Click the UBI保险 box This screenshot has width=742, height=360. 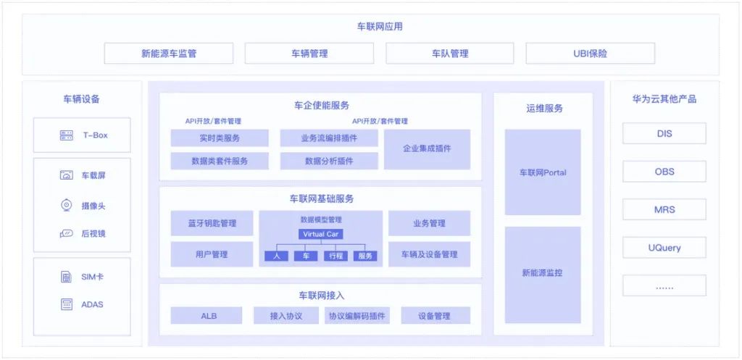click(590, 54)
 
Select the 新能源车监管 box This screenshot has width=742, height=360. click(169, 54)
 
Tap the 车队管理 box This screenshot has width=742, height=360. click(450, 54)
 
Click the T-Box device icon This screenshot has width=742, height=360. click(67, 135)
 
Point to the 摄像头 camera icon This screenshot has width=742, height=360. click(66, 206)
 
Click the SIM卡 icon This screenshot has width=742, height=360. click(67, 277)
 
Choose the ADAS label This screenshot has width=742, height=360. click(92, 304)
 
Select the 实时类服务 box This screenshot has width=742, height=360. click(220, 138)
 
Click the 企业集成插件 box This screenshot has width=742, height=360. click(427, 148)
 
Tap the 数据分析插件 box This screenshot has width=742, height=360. click(329, 161)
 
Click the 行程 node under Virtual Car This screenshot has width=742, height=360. click(334, 256)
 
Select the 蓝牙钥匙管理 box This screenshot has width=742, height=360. click(212, 223)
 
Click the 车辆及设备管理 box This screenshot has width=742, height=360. click(429, 254)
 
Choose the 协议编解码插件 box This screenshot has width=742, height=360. click(358, 316)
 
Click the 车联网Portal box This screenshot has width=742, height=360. click(543, 172)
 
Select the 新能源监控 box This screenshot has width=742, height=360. click(543, 274)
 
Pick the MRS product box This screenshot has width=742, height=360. click(664, 209)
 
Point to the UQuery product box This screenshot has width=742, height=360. click(664, 248)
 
